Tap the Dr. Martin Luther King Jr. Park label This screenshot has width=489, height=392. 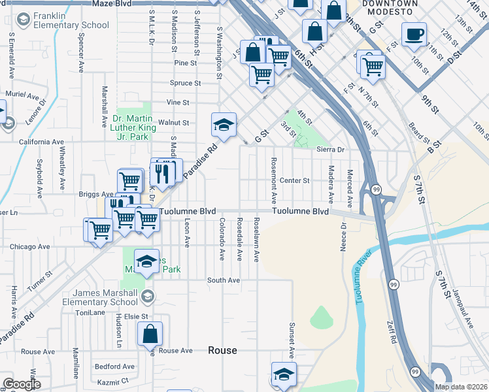pos(134,123)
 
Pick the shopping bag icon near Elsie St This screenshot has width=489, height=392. pos(150,334)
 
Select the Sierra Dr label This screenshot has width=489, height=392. pos(330,150)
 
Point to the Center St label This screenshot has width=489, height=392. pos(294,180)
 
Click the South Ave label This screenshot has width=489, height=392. pos(224,280)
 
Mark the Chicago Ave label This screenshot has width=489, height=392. pos(30,247)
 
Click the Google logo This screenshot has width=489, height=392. pos(22,384)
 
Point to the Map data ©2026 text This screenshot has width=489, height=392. pos(462,387)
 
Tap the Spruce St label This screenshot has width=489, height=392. pos(185,83)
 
